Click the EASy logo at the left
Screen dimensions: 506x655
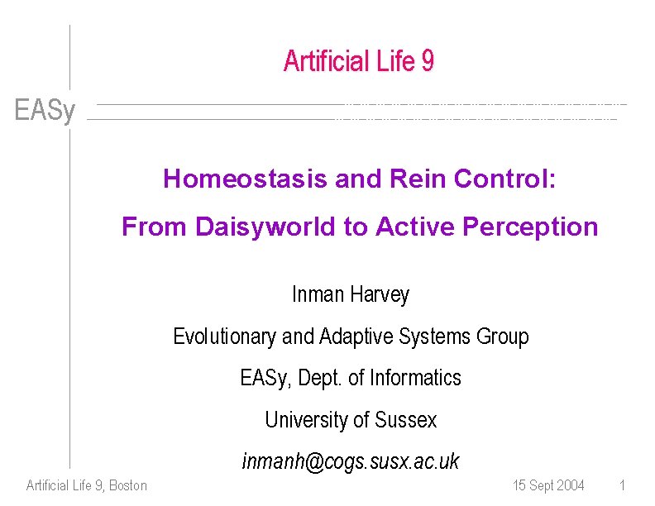click(45, 111)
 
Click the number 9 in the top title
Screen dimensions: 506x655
click(427, 61)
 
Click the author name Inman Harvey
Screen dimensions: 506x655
click(351, 294)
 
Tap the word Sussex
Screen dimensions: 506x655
click(405, 420)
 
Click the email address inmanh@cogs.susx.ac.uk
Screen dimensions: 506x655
click(351, 461)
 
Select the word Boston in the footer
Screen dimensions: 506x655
click(128, 485)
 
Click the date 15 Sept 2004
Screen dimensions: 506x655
click(548, 485)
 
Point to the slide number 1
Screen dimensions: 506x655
click(622, 485)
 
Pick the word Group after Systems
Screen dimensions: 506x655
click(503, 337)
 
